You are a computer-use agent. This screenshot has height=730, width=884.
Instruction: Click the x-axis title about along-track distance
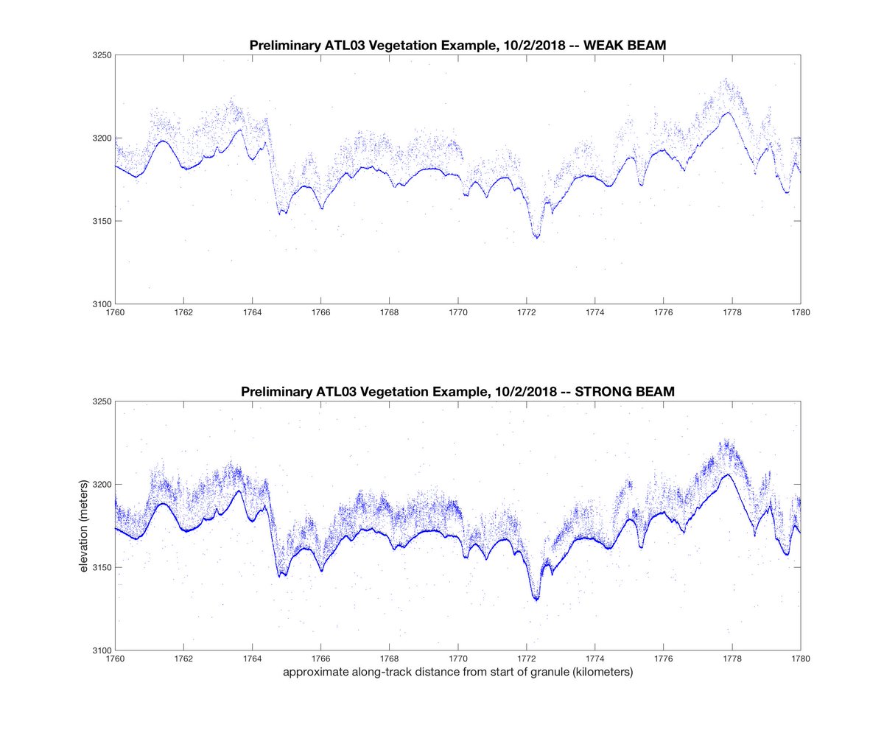pos(457,672)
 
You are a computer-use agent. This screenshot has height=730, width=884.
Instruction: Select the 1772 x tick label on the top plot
pos(526,312)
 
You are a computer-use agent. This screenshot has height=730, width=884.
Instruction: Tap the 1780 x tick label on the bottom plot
pos(800,659)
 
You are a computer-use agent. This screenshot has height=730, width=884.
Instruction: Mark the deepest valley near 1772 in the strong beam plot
pos(536,599)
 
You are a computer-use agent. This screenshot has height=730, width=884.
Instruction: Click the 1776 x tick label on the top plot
pos(663,312)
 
